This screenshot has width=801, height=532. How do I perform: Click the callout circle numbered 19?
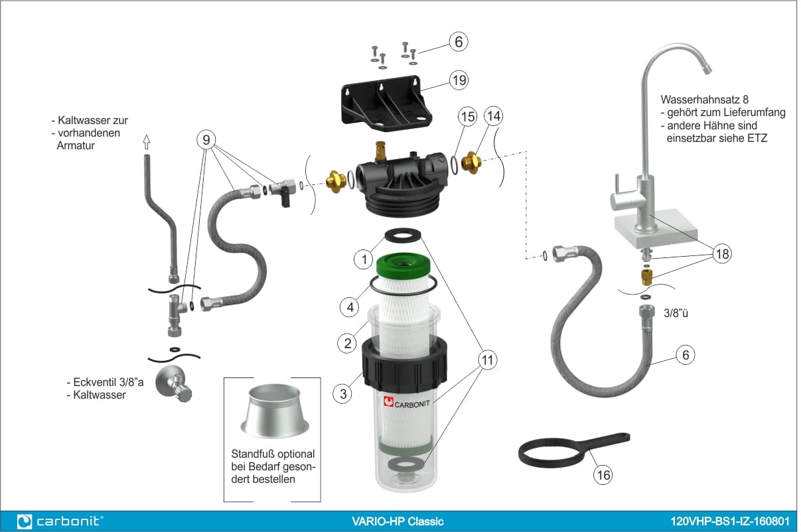pyautogui.click(x=459, y=80)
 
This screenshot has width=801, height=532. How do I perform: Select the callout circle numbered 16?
pyautogui.click(x=603, y=475)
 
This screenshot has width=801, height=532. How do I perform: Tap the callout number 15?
pyautogui.click(x=468, y=117)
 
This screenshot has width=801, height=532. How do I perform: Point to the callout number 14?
pyautogui.click(x=494, y=116)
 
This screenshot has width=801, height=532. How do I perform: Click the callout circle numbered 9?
pyautogui.click(x=206, y=139)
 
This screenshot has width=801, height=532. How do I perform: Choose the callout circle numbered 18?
pyautogui.click(x=722, y=254)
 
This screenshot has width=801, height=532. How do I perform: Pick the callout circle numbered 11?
pyautogui.click(x=488, y=360)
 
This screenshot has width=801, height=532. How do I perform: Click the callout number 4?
pyautogui.click(x=350, y=307)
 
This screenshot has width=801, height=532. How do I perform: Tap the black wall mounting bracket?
pyautogui.click(x=386, y=103)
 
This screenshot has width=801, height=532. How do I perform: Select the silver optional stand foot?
pyautogui.click(x=274, y=411)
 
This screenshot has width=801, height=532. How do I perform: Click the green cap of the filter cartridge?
pyautogui.click(x=403, y=265)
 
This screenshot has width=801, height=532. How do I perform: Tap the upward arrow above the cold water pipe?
pyautogui.click(x=146, y=141)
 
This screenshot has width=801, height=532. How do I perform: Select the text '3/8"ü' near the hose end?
pyautogui.click(x=676, y=313)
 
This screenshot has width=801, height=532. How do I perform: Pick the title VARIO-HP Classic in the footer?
pyautogui.click(x=398, y=521)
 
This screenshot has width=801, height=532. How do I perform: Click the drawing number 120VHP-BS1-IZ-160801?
pyautogui.click(x=730, y=521)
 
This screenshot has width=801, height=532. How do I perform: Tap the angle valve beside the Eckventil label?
pyautogui.click(x=174, y=384)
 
